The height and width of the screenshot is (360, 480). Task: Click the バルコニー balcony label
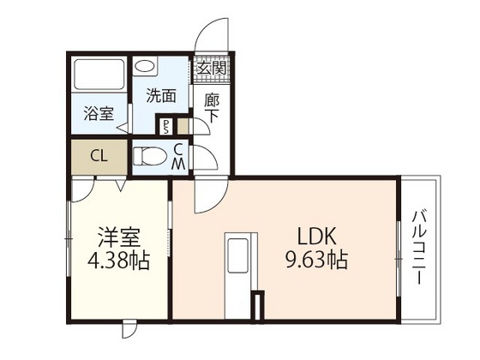click(422, 249)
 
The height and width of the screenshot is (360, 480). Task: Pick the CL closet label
click(99, 156)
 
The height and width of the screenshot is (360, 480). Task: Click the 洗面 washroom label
click(160, 96)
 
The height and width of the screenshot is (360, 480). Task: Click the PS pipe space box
click(166, 127)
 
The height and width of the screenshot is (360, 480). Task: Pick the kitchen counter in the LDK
click(237, 270)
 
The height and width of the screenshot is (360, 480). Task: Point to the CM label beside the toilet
click(178, 157)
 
